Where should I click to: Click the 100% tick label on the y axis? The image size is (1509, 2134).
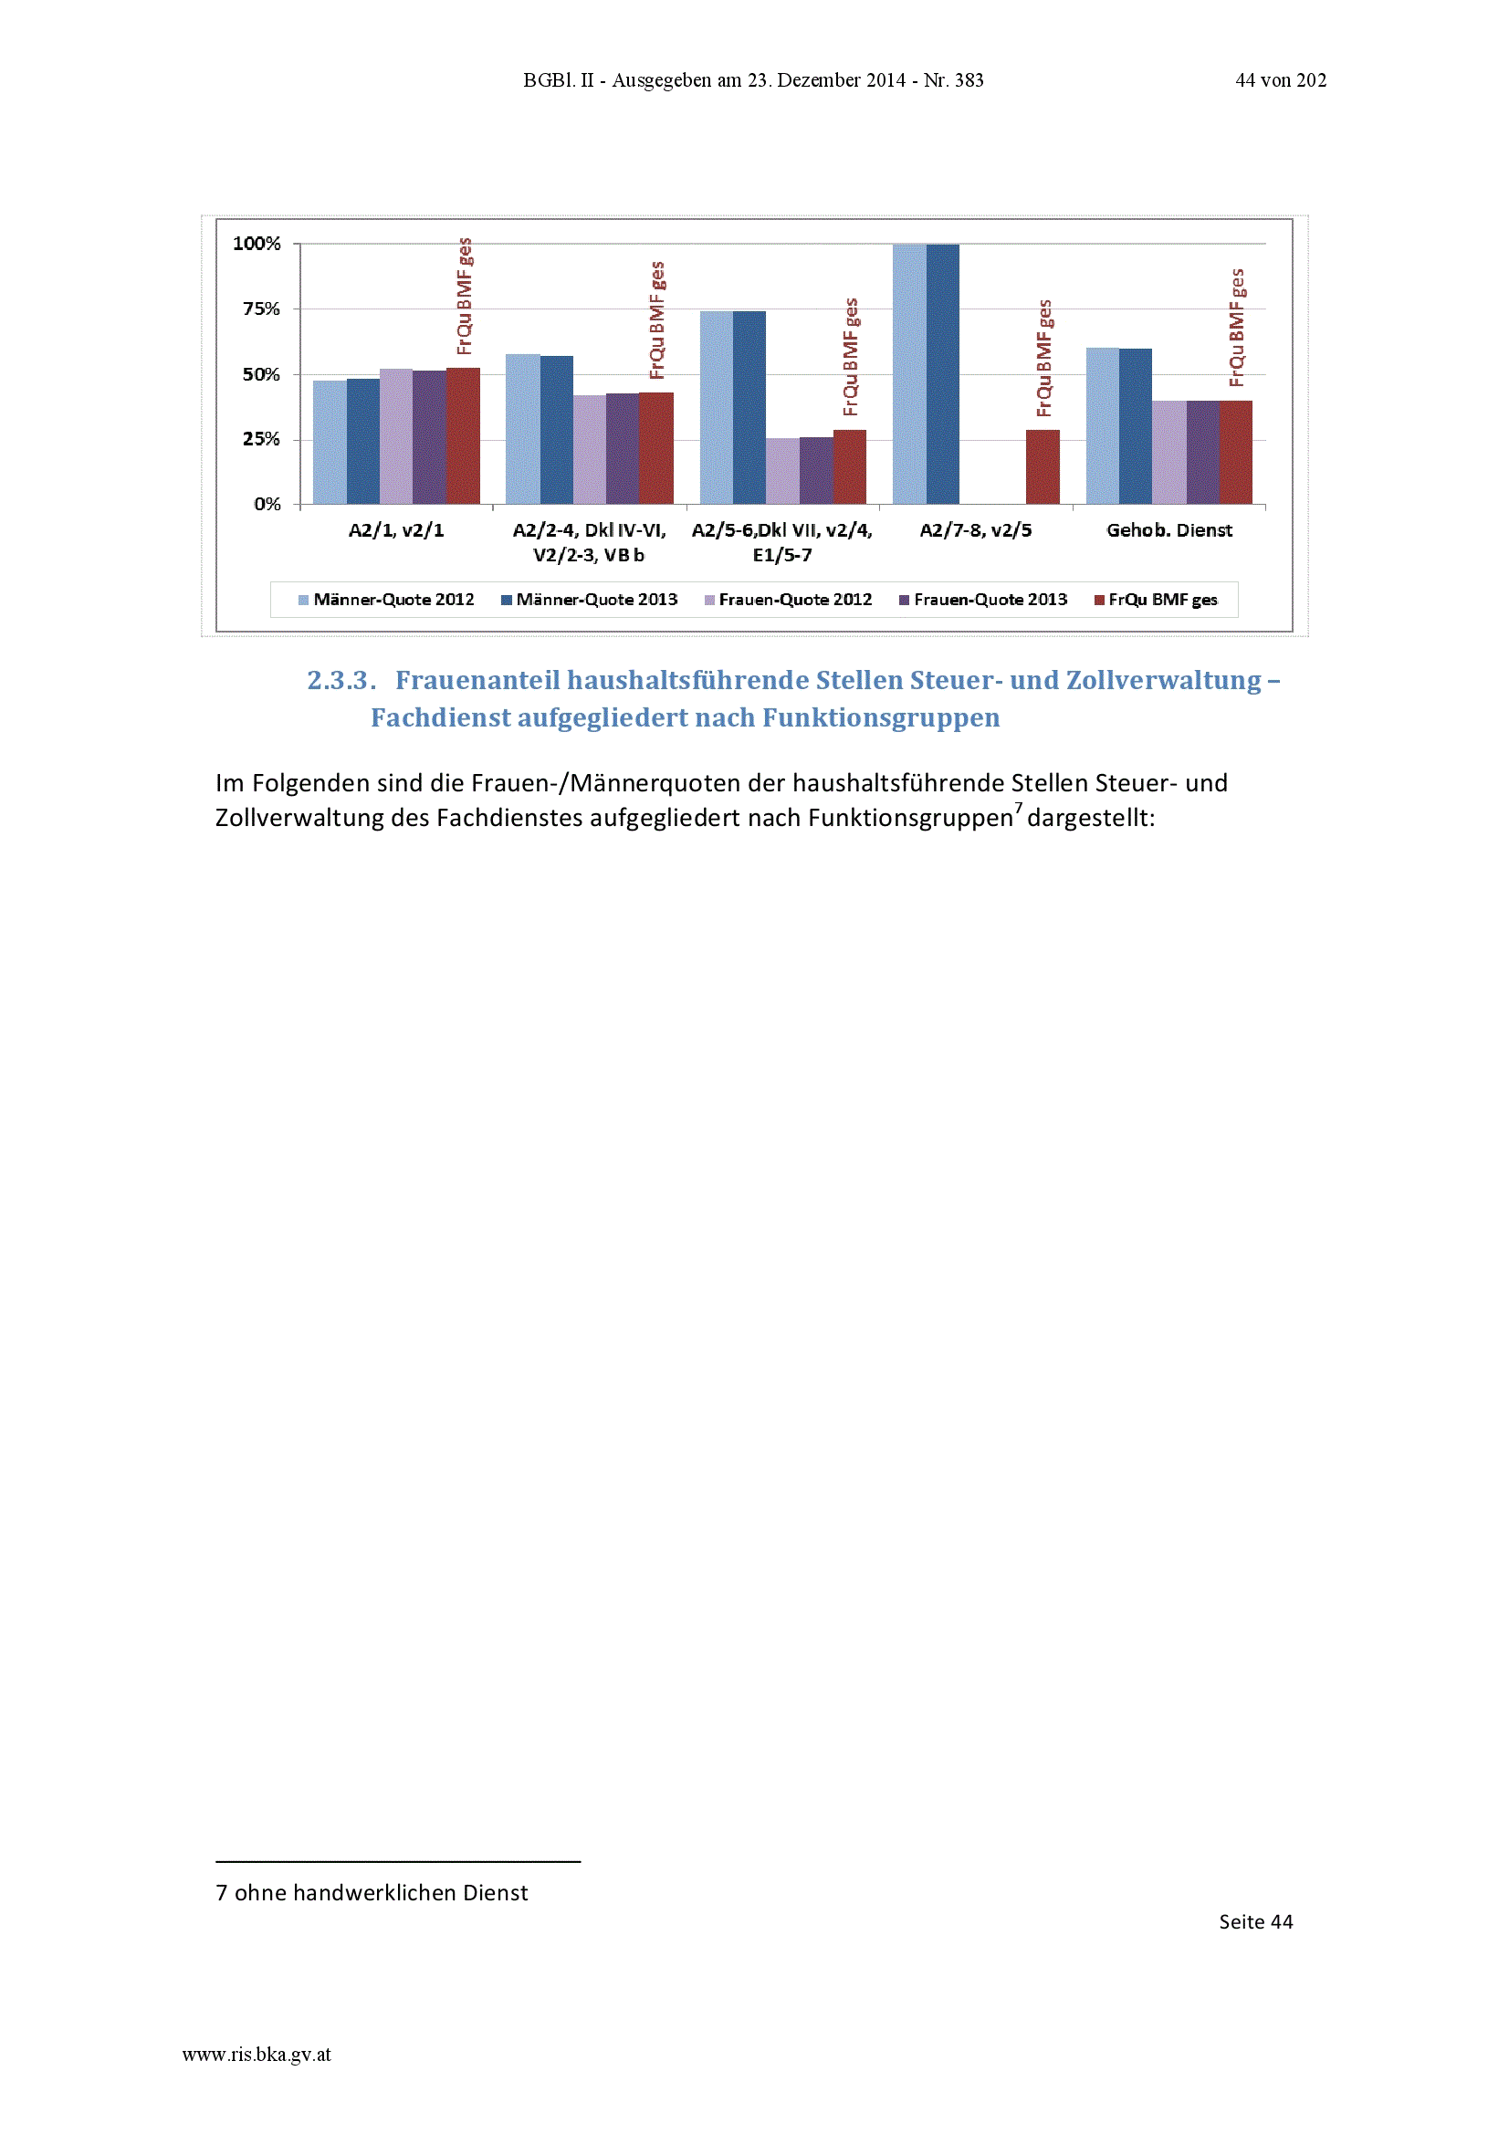257,244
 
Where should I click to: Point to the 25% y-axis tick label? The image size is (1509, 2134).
261,439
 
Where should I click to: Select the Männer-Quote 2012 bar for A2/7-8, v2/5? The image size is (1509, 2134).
909,374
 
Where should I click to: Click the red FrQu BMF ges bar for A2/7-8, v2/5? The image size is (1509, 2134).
1043,467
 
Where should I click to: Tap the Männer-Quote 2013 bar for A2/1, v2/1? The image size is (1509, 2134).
363,442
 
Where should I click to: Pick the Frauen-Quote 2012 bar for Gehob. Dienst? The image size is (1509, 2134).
1168,453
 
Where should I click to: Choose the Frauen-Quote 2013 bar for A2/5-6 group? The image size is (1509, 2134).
816,471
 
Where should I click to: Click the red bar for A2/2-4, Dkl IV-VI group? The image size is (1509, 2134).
656,449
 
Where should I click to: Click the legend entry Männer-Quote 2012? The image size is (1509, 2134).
386,600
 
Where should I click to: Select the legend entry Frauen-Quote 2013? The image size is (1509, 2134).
983,600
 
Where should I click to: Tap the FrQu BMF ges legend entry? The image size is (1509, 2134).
1156,600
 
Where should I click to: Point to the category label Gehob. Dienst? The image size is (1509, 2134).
1168,529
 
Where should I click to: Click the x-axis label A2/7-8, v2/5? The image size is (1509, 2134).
975,529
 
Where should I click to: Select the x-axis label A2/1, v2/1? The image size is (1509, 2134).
396,529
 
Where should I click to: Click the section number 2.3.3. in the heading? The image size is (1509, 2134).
341,680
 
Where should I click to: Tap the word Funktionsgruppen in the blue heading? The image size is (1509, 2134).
882,718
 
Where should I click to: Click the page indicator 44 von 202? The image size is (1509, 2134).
1280,81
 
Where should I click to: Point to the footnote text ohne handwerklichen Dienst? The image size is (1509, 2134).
382,1893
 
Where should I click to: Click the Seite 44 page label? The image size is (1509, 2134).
1255,1922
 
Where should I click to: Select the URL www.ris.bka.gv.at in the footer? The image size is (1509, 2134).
257,2055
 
